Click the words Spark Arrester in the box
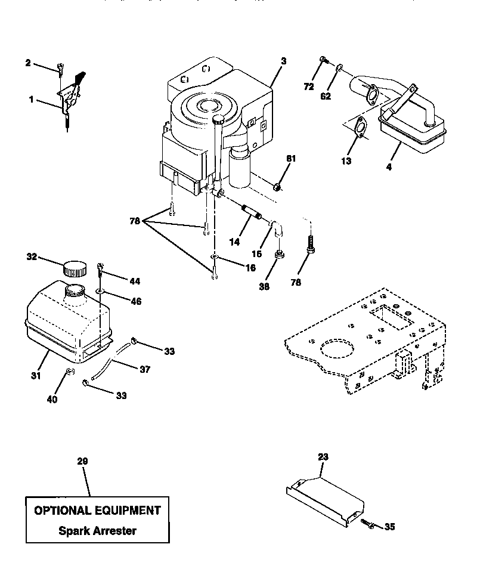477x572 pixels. point(97,530)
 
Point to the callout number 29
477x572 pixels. point(82,462)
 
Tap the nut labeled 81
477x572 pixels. point(277,187)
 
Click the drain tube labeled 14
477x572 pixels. point(249,212)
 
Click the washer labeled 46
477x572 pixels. point(100,292)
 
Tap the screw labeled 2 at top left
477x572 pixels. point(60,69)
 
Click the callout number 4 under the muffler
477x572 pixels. point(389,168)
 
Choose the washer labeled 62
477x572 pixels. point(338,69)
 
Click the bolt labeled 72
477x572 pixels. point(322,59)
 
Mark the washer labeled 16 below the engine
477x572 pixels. point(213,258)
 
